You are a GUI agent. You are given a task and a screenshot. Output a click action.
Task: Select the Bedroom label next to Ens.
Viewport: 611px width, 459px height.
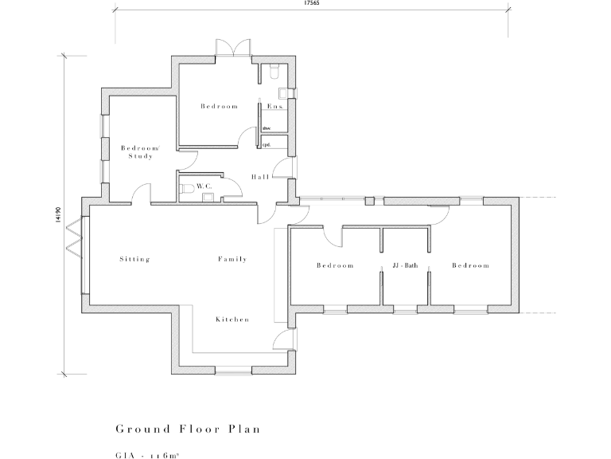[x=219, y=106]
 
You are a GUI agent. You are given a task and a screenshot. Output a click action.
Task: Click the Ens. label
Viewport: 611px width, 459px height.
[x=275, y=106]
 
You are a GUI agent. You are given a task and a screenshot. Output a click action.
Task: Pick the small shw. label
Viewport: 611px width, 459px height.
[x=267, y=127]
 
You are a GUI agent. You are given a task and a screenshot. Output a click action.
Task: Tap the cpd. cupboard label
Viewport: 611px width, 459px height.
[x=267, y=144]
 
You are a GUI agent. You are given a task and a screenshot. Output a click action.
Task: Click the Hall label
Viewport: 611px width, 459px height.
[x=259, y=176]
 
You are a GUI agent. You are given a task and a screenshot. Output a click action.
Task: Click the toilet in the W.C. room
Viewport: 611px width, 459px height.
[x=185, y=188]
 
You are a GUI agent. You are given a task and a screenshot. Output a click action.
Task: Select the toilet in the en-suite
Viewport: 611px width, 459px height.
[x=274, y=73]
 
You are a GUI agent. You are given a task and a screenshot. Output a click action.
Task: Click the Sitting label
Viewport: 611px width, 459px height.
[x=134, y=259]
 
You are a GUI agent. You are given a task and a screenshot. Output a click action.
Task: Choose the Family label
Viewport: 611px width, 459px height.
[x=232, y=259]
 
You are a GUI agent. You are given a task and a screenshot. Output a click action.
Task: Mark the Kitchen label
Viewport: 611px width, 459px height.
[x=232, y=319]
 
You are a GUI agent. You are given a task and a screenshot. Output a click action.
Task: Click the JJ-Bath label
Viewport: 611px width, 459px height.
[x=405, y=265]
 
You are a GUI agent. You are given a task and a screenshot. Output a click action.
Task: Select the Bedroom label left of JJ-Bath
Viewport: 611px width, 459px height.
[x=334, y=265]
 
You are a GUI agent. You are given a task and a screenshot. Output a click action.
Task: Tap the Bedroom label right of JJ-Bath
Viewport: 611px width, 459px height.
[x=470, y=265]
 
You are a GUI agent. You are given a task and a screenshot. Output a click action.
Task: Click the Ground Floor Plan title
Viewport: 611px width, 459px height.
[x=188, y=429]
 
